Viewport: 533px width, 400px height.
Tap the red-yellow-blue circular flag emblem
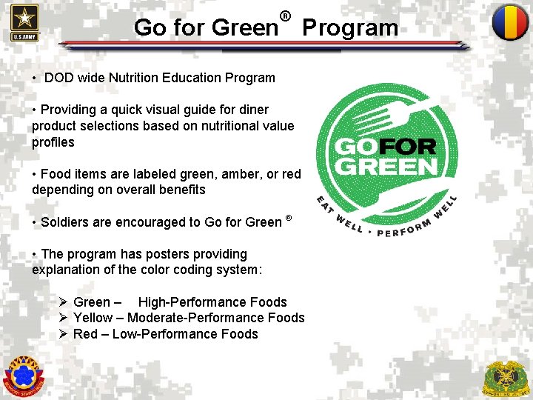pyautogui.click(x=510, y=22)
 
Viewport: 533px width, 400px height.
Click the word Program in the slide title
pyautogui.click(x=350, y=28)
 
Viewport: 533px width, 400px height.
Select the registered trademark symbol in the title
pyautogui.click(x=285, y=15)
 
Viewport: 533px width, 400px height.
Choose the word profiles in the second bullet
pyautogui.click(x=53, y=141)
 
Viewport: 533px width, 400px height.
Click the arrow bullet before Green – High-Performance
pyautogui.click(x=64, y=302)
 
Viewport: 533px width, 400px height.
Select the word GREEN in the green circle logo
pyautogui.click(x=386, y=165)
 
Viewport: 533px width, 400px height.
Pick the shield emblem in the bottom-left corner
pyautogui.click(x=24, y=376)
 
